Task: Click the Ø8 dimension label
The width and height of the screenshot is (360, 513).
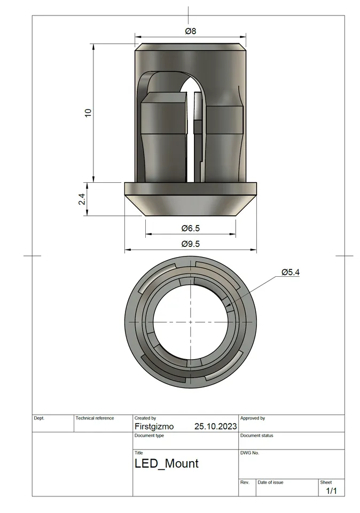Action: click(x=191, y=31)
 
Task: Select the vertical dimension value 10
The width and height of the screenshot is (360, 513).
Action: click(x=88, y=113)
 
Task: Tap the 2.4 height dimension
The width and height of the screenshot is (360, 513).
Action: click(x=82, y=199)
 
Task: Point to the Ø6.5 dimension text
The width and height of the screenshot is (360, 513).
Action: click(x=190, y=228)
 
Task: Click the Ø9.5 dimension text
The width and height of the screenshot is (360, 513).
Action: click(x=190, y=244)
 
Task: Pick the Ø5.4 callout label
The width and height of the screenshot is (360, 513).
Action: click(x=291, y=272)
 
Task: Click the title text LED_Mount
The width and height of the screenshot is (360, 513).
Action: click(x=166, y=463)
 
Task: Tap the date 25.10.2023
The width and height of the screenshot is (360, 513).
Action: click(x=215, y=426)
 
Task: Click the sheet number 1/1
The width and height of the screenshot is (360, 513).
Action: click(x=331, y=491)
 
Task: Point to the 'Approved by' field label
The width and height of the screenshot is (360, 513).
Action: click(x=253, y=418)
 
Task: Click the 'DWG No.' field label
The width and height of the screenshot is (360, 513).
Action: click(x=249, y=453)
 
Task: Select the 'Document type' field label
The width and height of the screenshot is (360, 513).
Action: click(x=149, y=436)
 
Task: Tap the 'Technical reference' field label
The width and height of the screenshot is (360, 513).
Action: click(x=95, y=418)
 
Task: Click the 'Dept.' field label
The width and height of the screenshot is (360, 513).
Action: click(x=39, y=418)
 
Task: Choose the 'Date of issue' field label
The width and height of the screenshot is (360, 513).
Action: click(x=270, y=482)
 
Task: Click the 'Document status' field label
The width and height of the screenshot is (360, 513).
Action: click(x=256, y=436)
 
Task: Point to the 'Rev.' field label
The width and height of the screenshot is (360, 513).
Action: click(x=245, y=482)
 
